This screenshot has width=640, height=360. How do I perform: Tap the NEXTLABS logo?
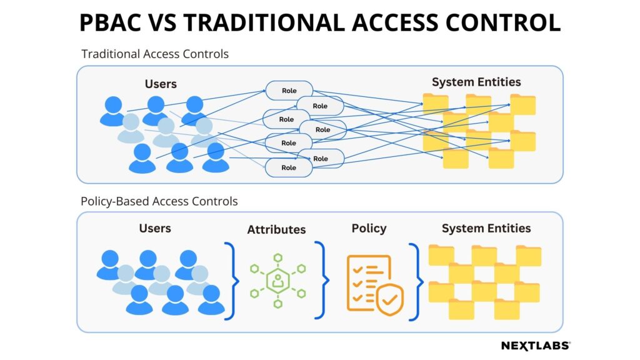coord(536,346)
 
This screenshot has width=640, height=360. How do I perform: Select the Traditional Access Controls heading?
coord(155,54)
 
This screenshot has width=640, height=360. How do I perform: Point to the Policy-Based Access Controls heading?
coord(159,201)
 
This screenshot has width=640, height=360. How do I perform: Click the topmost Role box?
coord(289,91)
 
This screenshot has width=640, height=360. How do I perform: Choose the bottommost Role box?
coord(289,167)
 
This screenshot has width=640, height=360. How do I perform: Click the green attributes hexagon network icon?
coord(278,281)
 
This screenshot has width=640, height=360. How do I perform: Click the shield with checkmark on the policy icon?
coord(390,301)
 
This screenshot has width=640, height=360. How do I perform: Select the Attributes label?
coord(276,229)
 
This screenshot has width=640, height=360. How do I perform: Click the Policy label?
coord(369,228)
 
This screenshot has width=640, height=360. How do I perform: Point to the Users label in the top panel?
coord(161,84)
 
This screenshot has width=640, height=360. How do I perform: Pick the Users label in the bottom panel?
coord(155,228)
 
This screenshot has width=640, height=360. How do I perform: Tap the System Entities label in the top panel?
coord(476,82)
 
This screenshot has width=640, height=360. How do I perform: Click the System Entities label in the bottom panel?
coord(486,228)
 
